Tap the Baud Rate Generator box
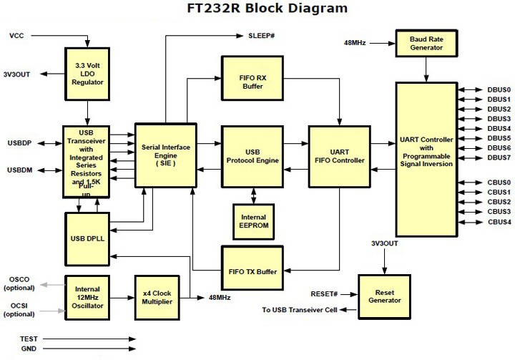point(426,42)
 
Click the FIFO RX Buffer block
point(252,81)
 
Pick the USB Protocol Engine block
point(252,156)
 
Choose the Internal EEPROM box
point(253,222)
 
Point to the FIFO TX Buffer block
point(252,271)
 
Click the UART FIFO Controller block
point(339,156)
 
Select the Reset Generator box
point(386,296)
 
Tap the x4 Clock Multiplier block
point(157,296)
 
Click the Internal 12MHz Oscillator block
point(88,296)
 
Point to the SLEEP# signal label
point(263,35)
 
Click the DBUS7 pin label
point(498,157)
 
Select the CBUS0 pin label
point(498,183)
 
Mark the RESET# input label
point(324,293)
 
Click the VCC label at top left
point(16,35)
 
